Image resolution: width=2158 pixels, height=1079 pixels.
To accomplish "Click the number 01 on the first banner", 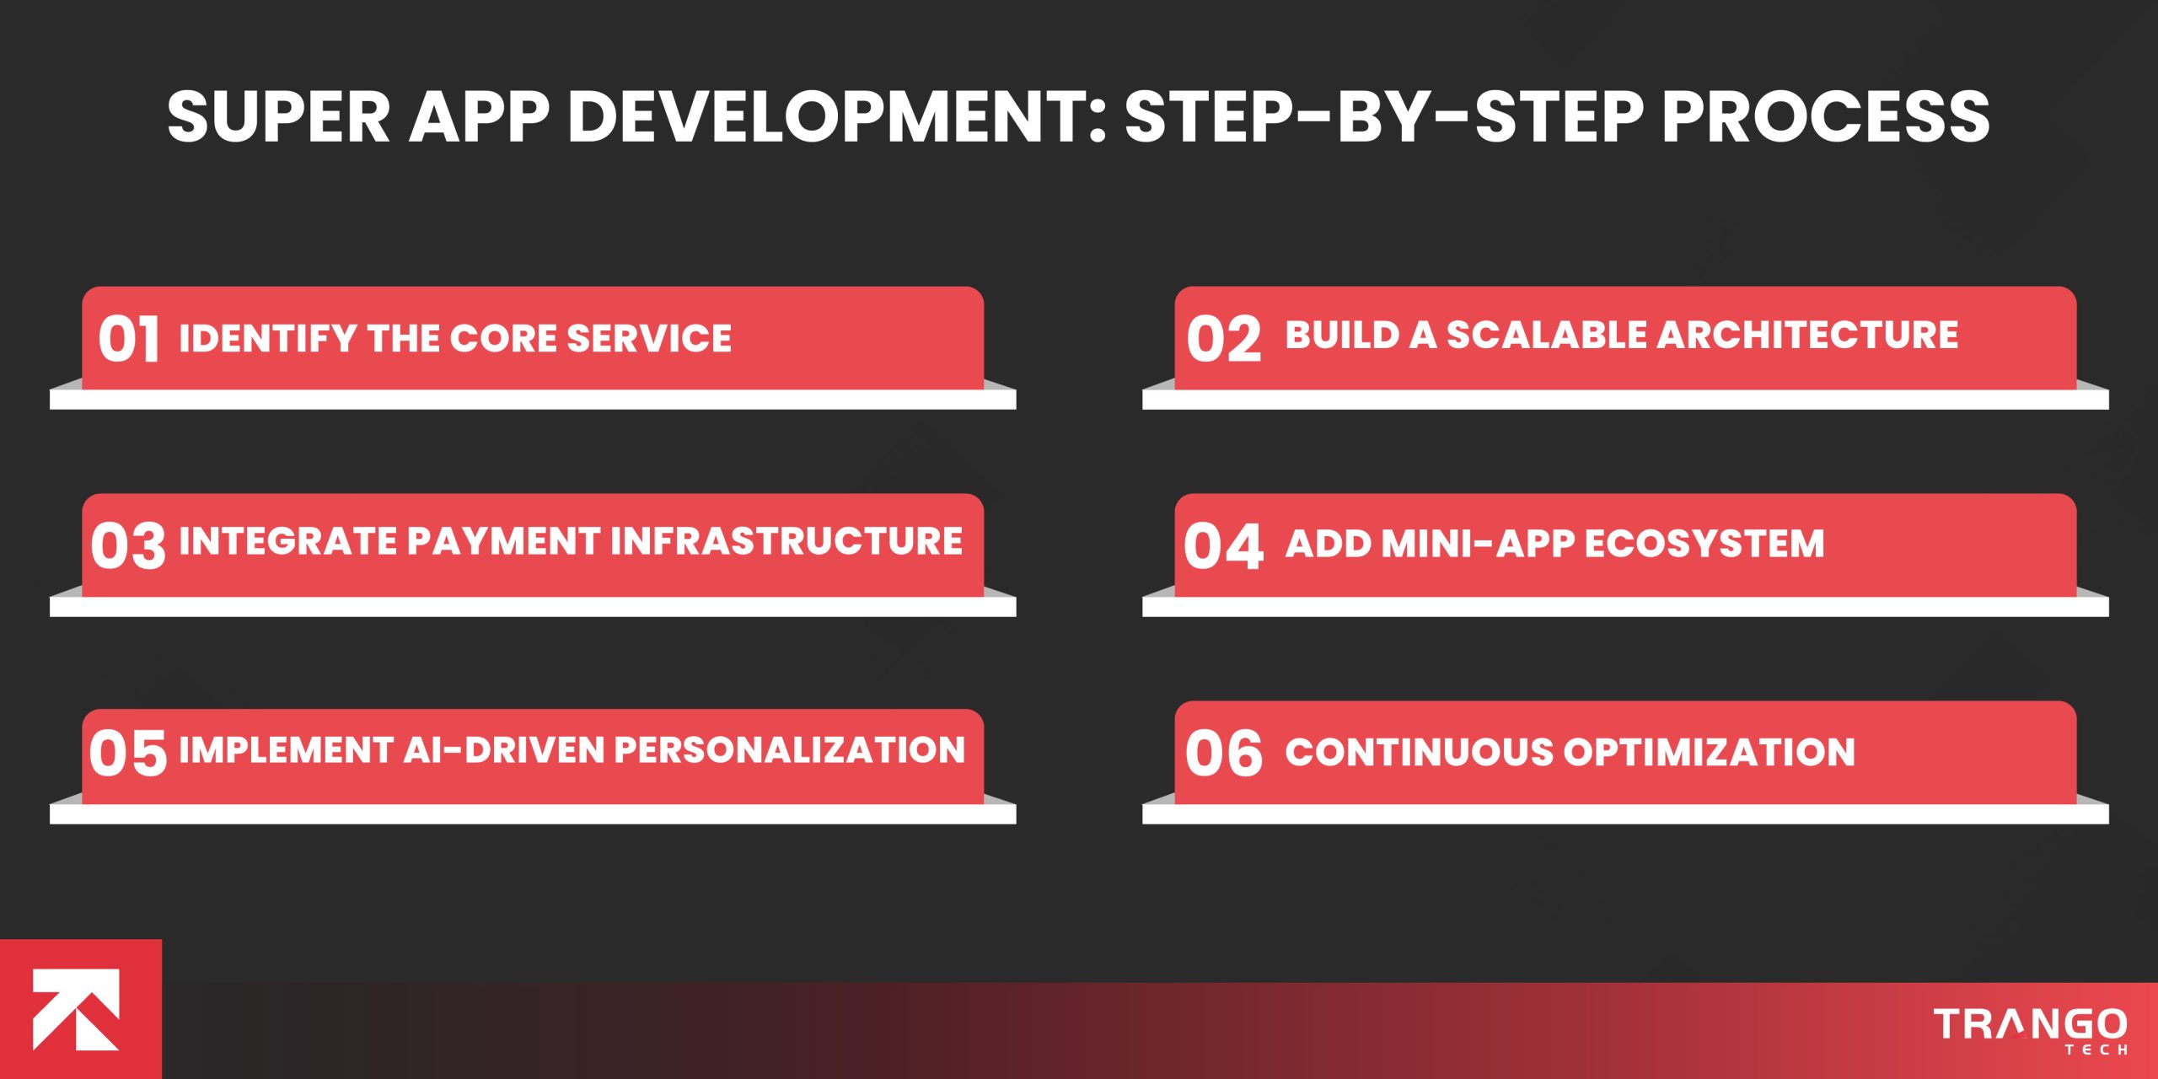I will click(x=128, y=339).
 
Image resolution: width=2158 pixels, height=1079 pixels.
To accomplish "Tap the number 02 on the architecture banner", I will click(x=1223, y=339).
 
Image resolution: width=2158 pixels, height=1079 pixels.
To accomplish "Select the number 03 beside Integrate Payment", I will click(x=128, y=545).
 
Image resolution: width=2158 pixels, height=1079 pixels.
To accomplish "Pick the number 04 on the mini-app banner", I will click(x=1223, y=545).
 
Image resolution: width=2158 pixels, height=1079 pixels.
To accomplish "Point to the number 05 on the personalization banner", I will click(x=128, y=753).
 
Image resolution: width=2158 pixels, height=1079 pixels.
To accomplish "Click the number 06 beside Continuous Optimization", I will click(x=1223, y=753).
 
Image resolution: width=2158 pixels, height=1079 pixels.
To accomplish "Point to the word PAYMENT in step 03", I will click(x=502, y=541).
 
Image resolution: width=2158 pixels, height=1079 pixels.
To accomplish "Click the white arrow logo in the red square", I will click(x=76, y=1009).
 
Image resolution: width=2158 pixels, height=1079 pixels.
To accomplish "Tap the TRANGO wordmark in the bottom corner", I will click(x=2030, y=1024).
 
